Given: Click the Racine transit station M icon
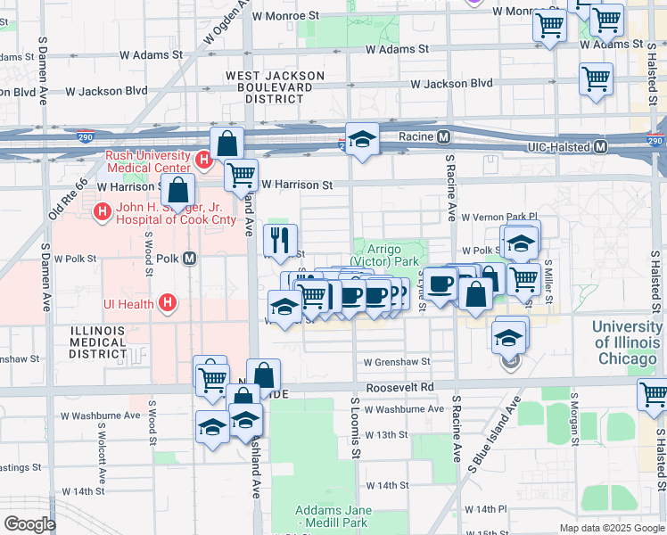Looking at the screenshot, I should [443, 137].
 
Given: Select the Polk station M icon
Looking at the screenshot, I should [189, 259].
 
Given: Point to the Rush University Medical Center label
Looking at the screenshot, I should [148, 161].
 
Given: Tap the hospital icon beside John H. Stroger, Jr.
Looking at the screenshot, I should [103, 211].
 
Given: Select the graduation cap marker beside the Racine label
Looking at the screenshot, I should [362, 140].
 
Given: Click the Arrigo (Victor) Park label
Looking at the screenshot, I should [384, 256].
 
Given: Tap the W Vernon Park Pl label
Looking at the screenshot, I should [499, 217].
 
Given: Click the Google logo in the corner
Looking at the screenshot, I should [29, 523].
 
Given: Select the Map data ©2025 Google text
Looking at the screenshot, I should [613, 528].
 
